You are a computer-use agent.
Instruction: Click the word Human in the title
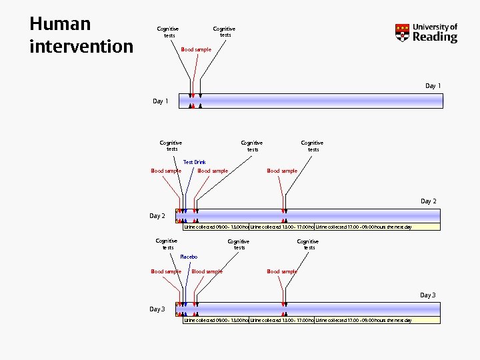60,24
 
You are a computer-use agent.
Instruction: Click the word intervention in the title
81,47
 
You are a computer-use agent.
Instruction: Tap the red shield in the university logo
402,33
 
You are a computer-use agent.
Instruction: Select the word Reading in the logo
435,37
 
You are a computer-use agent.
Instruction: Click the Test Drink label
195,162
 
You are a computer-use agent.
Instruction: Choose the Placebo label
189,257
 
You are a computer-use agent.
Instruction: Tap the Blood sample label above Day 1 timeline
196,49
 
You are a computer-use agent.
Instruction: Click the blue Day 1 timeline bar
320,101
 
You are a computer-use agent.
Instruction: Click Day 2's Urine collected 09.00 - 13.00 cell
216,227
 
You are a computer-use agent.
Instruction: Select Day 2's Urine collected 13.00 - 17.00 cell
281,227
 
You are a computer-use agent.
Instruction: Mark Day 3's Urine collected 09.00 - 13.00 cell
216,320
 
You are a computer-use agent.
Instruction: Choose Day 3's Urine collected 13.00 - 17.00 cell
281,320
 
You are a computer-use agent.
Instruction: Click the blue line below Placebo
187,280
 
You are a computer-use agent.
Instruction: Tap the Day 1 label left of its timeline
161,101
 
